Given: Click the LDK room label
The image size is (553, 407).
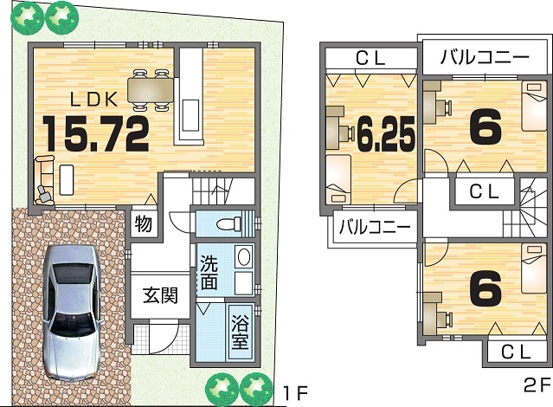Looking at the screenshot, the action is [93, 100].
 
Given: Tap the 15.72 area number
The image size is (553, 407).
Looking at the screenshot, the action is [95, 133].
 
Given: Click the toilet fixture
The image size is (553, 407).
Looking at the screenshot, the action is [228, 223].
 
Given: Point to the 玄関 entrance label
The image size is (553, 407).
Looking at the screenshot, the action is [160, 295].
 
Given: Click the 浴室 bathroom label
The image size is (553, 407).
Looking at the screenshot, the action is [240, 332].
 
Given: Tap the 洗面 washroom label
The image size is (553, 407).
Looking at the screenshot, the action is [209, 273].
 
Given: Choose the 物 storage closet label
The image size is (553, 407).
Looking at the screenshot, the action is [144, 223].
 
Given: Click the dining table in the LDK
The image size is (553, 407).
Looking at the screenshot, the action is [151, 90].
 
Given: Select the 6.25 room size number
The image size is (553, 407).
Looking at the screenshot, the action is [386, 133].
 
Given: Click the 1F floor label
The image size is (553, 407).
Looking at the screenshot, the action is [296, 393].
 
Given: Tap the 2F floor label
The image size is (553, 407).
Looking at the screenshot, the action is [537, 385].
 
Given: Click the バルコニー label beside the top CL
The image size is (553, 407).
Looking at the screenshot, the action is [485, 56].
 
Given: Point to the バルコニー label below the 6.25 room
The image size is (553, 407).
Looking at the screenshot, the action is [375, 226].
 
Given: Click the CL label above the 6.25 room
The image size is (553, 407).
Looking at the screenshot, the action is [370, 59].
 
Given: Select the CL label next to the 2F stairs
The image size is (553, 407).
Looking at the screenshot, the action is [485, 191].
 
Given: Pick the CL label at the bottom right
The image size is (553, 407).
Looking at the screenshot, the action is [516, 352].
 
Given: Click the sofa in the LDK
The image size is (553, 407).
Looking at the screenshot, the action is [45, 180].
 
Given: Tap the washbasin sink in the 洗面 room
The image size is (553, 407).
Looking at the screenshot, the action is [244, 256].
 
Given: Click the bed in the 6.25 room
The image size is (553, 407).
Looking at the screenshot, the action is [338, 179].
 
